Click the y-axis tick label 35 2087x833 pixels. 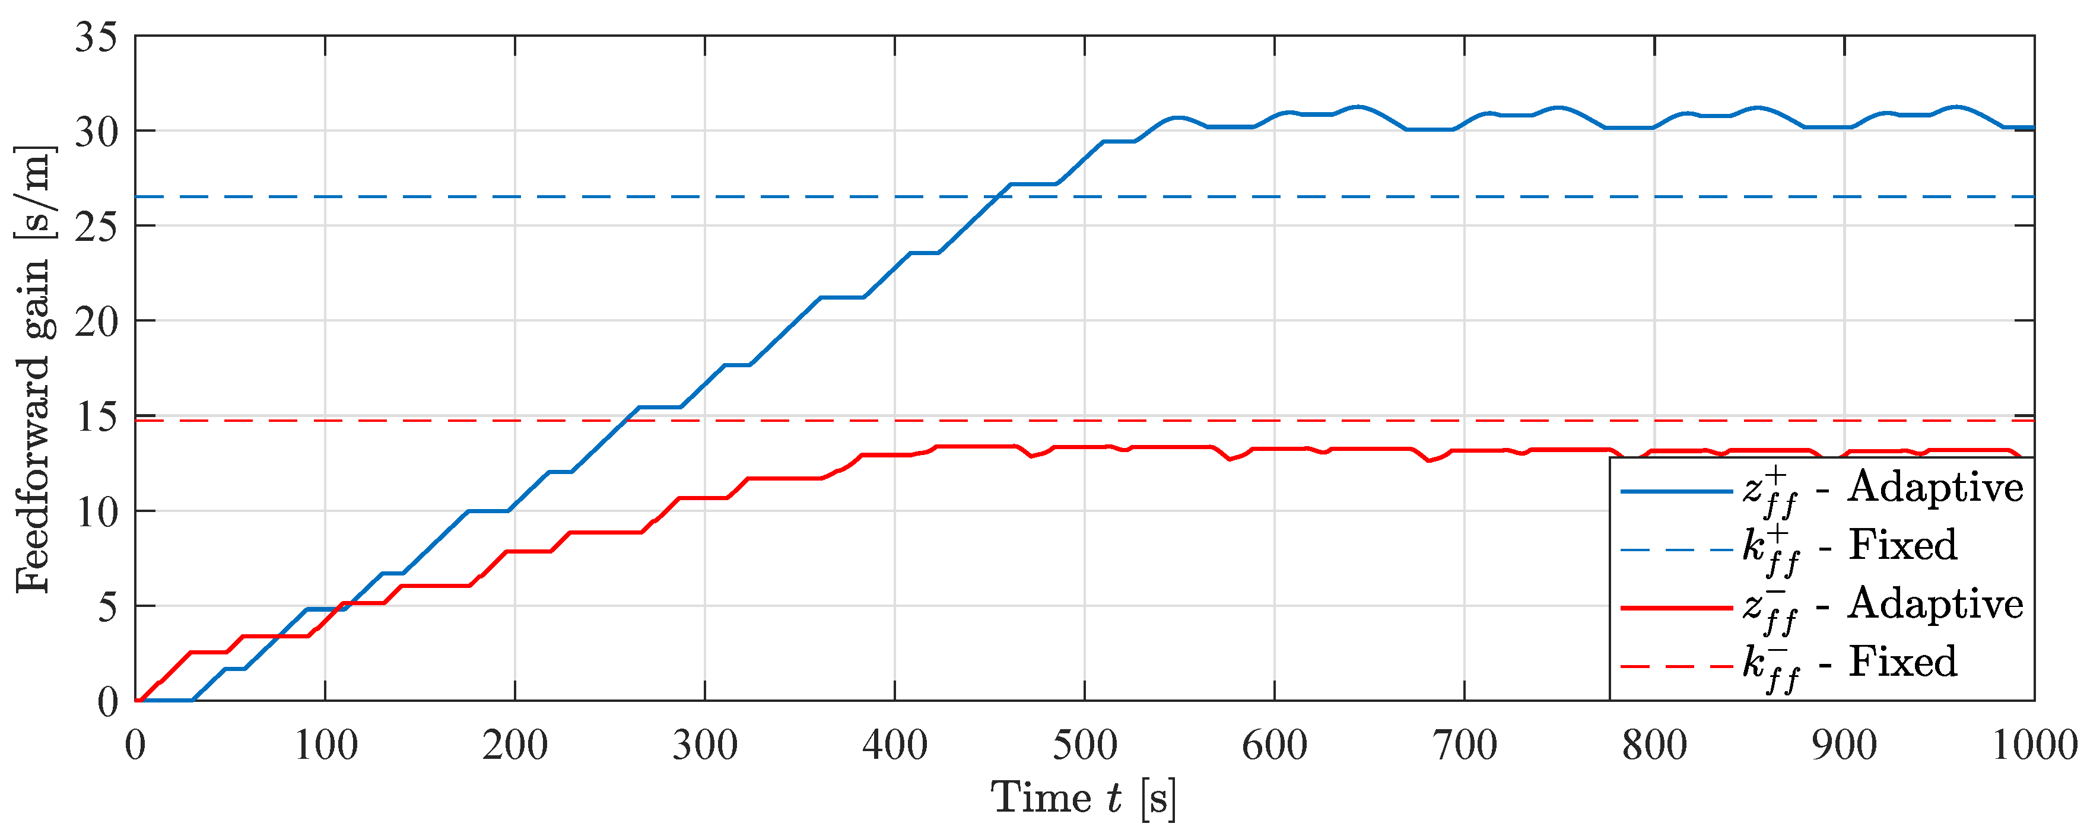pyautogui.click(x=96, y=37)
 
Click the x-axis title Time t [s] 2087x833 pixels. pyautogui.click(x=1083, y=798)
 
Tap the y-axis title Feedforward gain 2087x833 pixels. pyautogui.click(x=34, y=368)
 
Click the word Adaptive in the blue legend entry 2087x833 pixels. pyautogui.click(x=1934, y=488)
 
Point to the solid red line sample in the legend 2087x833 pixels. pyautogui.click(x=1675, y=607)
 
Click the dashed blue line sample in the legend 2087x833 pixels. pyautogui.click(x=1675, y=550)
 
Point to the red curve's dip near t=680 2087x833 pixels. pyautogui.click(x=1429, y=461)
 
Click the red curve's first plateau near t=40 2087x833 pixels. pyautogui.click(x=208, y=652)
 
